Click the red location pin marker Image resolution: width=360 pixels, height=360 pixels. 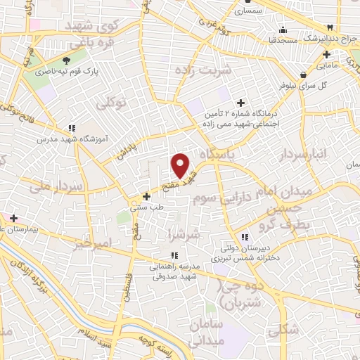tap(181, 166)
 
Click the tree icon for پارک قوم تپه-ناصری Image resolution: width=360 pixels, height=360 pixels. tap(66, 60)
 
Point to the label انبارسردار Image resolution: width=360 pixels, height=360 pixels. tap(304, 155)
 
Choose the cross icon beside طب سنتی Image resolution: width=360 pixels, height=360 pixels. tap(146, 196)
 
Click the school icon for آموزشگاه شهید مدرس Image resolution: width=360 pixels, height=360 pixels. tap(72, 129)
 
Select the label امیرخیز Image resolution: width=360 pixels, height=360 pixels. tap(92, 244)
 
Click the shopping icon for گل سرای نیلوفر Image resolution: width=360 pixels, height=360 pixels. tap(303, 75)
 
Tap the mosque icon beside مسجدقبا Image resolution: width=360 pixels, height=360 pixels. tap(283, 30)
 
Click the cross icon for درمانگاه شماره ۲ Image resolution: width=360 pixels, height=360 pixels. tap(241, 103)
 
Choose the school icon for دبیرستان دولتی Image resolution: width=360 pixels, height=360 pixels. tap(245, 238)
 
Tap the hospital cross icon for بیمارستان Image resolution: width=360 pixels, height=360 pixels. tap(13, 218)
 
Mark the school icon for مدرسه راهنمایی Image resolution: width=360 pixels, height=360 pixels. tap(174, 256)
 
